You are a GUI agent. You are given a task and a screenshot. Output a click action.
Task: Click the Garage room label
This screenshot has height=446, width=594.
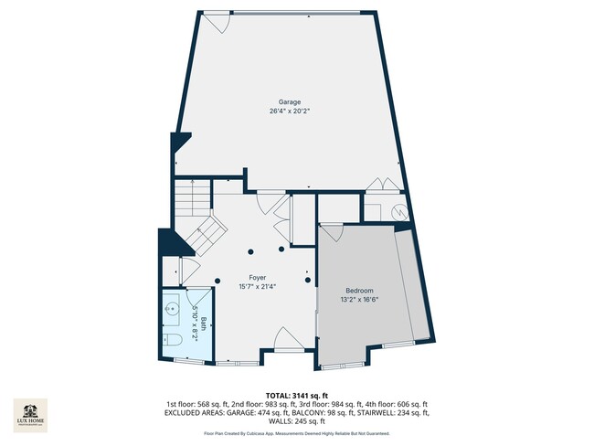point(290,101)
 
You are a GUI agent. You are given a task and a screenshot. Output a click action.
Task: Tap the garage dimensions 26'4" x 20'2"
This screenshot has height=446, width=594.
point(290,111)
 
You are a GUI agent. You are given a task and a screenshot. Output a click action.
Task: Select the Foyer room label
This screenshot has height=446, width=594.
point(257,276)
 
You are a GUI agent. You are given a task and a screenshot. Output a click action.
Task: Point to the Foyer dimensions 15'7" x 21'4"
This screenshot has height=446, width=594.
point(257,286)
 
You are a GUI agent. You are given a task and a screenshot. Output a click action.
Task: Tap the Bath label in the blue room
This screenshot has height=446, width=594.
point(204,322)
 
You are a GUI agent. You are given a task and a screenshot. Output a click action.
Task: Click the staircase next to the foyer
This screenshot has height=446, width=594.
point(199,219)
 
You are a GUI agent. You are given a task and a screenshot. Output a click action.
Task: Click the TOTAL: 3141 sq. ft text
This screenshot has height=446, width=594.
point(296,394)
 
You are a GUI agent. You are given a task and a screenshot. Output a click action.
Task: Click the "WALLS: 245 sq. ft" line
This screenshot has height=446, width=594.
point(296,421)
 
